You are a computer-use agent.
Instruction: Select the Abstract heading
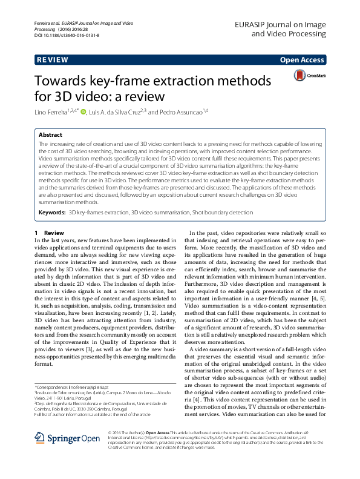(51, 134)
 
